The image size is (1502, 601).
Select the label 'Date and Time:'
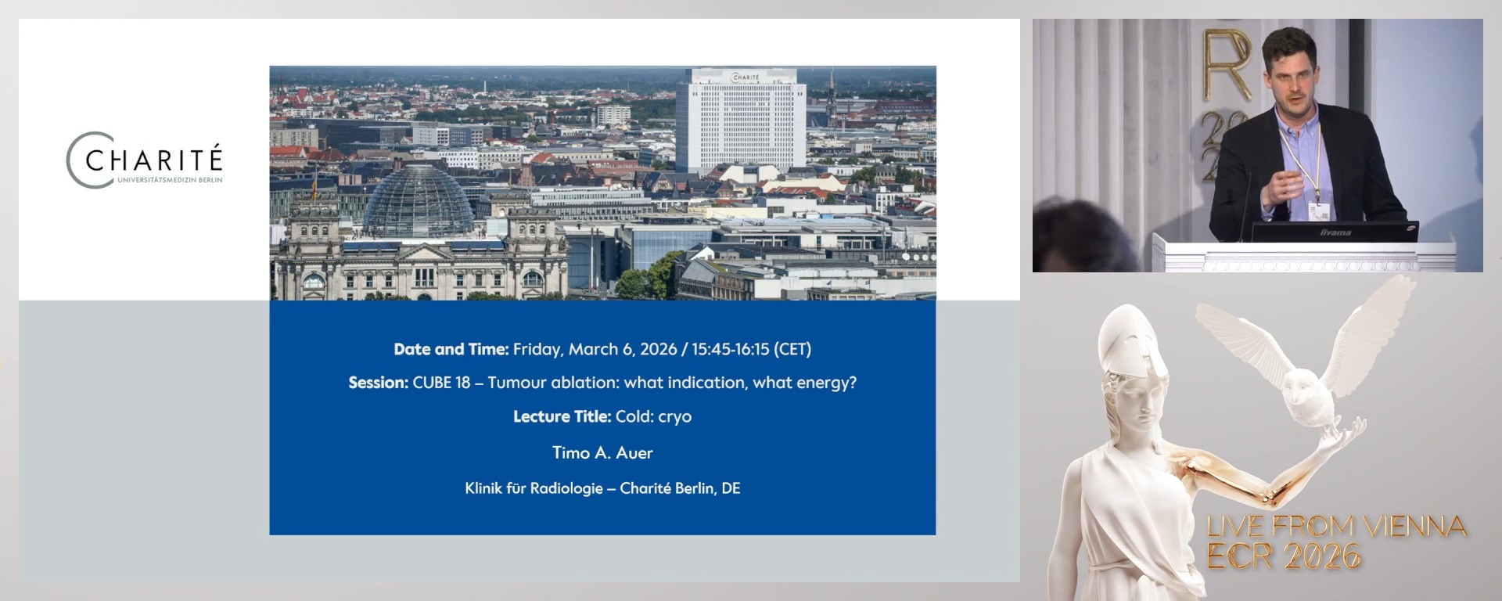pyautogui.click(x=451, y=349)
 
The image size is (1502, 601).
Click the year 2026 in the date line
pyautogui.click(x=658, y=349)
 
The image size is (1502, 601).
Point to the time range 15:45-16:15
pyautogui.click(x=731, y=349)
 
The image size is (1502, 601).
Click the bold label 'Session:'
pyautogui.click(x=379, y=383)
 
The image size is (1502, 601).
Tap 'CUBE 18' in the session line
pyautogui.click(x=442, y=383)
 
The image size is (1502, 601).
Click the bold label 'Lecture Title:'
pyautogui.click(x=562, y=416)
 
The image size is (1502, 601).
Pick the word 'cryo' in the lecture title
pyautogui.click(x=674, y=417)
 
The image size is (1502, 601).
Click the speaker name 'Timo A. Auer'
pyautogui.click(x=602, y=452)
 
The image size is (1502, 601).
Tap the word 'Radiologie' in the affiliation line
pyautogui.click(x=566, y=488)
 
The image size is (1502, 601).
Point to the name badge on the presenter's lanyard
pyautogui.click(x=1319, y=211)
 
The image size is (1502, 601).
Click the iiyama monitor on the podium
pyautogui.click(x=1334, y=232)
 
